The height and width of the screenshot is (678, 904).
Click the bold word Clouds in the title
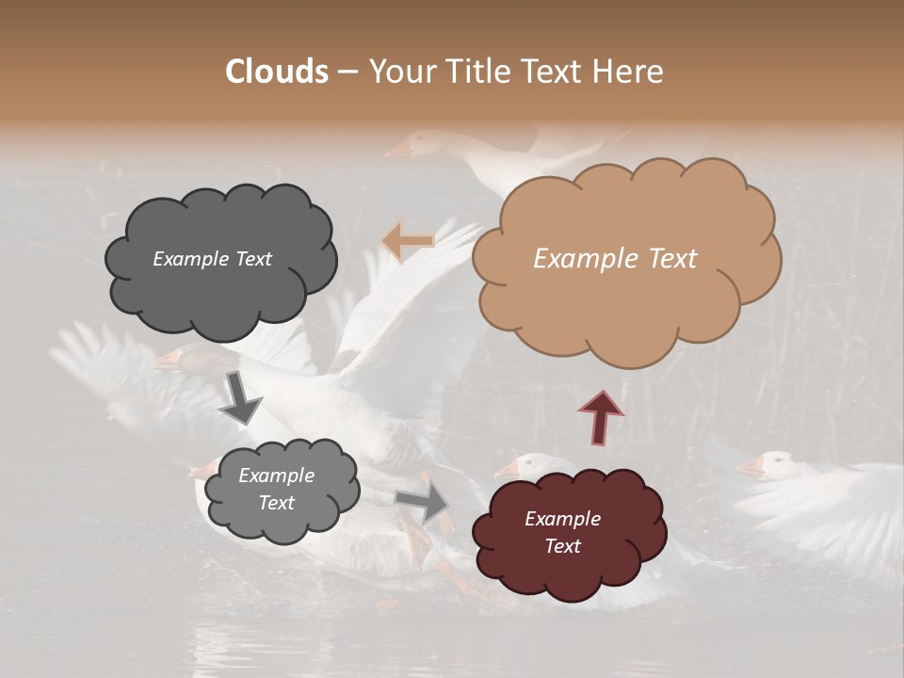point(277,72)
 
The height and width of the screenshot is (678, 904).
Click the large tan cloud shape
point(625,282)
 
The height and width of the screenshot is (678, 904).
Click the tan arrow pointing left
point(408,242)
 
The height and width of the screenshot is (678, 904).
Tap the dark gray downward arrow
point(239,400)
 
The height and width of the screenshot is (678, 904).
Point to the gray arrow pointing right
point(423,502)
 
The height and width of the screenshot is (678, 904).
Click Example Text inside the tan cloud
point(615,259)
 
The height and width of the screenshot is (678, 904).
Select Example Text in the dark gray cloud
point(212,259)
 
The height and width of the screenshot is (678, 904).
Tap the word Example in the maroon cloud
point(562,519)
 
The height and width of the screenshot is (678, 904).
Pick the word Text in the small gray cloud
point(276,503)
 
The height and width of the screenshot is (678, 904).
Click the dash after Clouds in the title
point(347,72)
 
